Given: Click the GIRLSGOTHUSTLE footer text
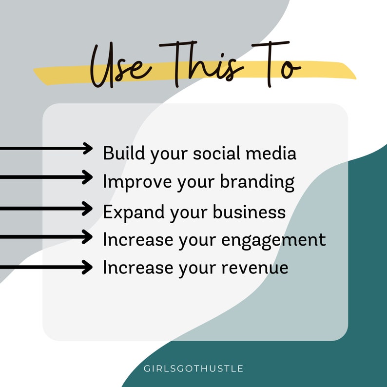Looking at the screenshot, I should point(193,368).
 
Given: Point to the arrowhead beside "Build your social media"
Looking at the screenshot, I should point(88,149).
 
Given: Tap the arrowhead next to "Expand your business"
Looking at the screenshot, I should point(88,209).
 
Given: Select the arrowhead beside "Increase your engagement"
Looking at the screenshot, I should point(88,237).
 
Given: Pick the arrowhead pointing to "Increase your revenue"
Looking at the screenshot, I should point(88,267).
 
